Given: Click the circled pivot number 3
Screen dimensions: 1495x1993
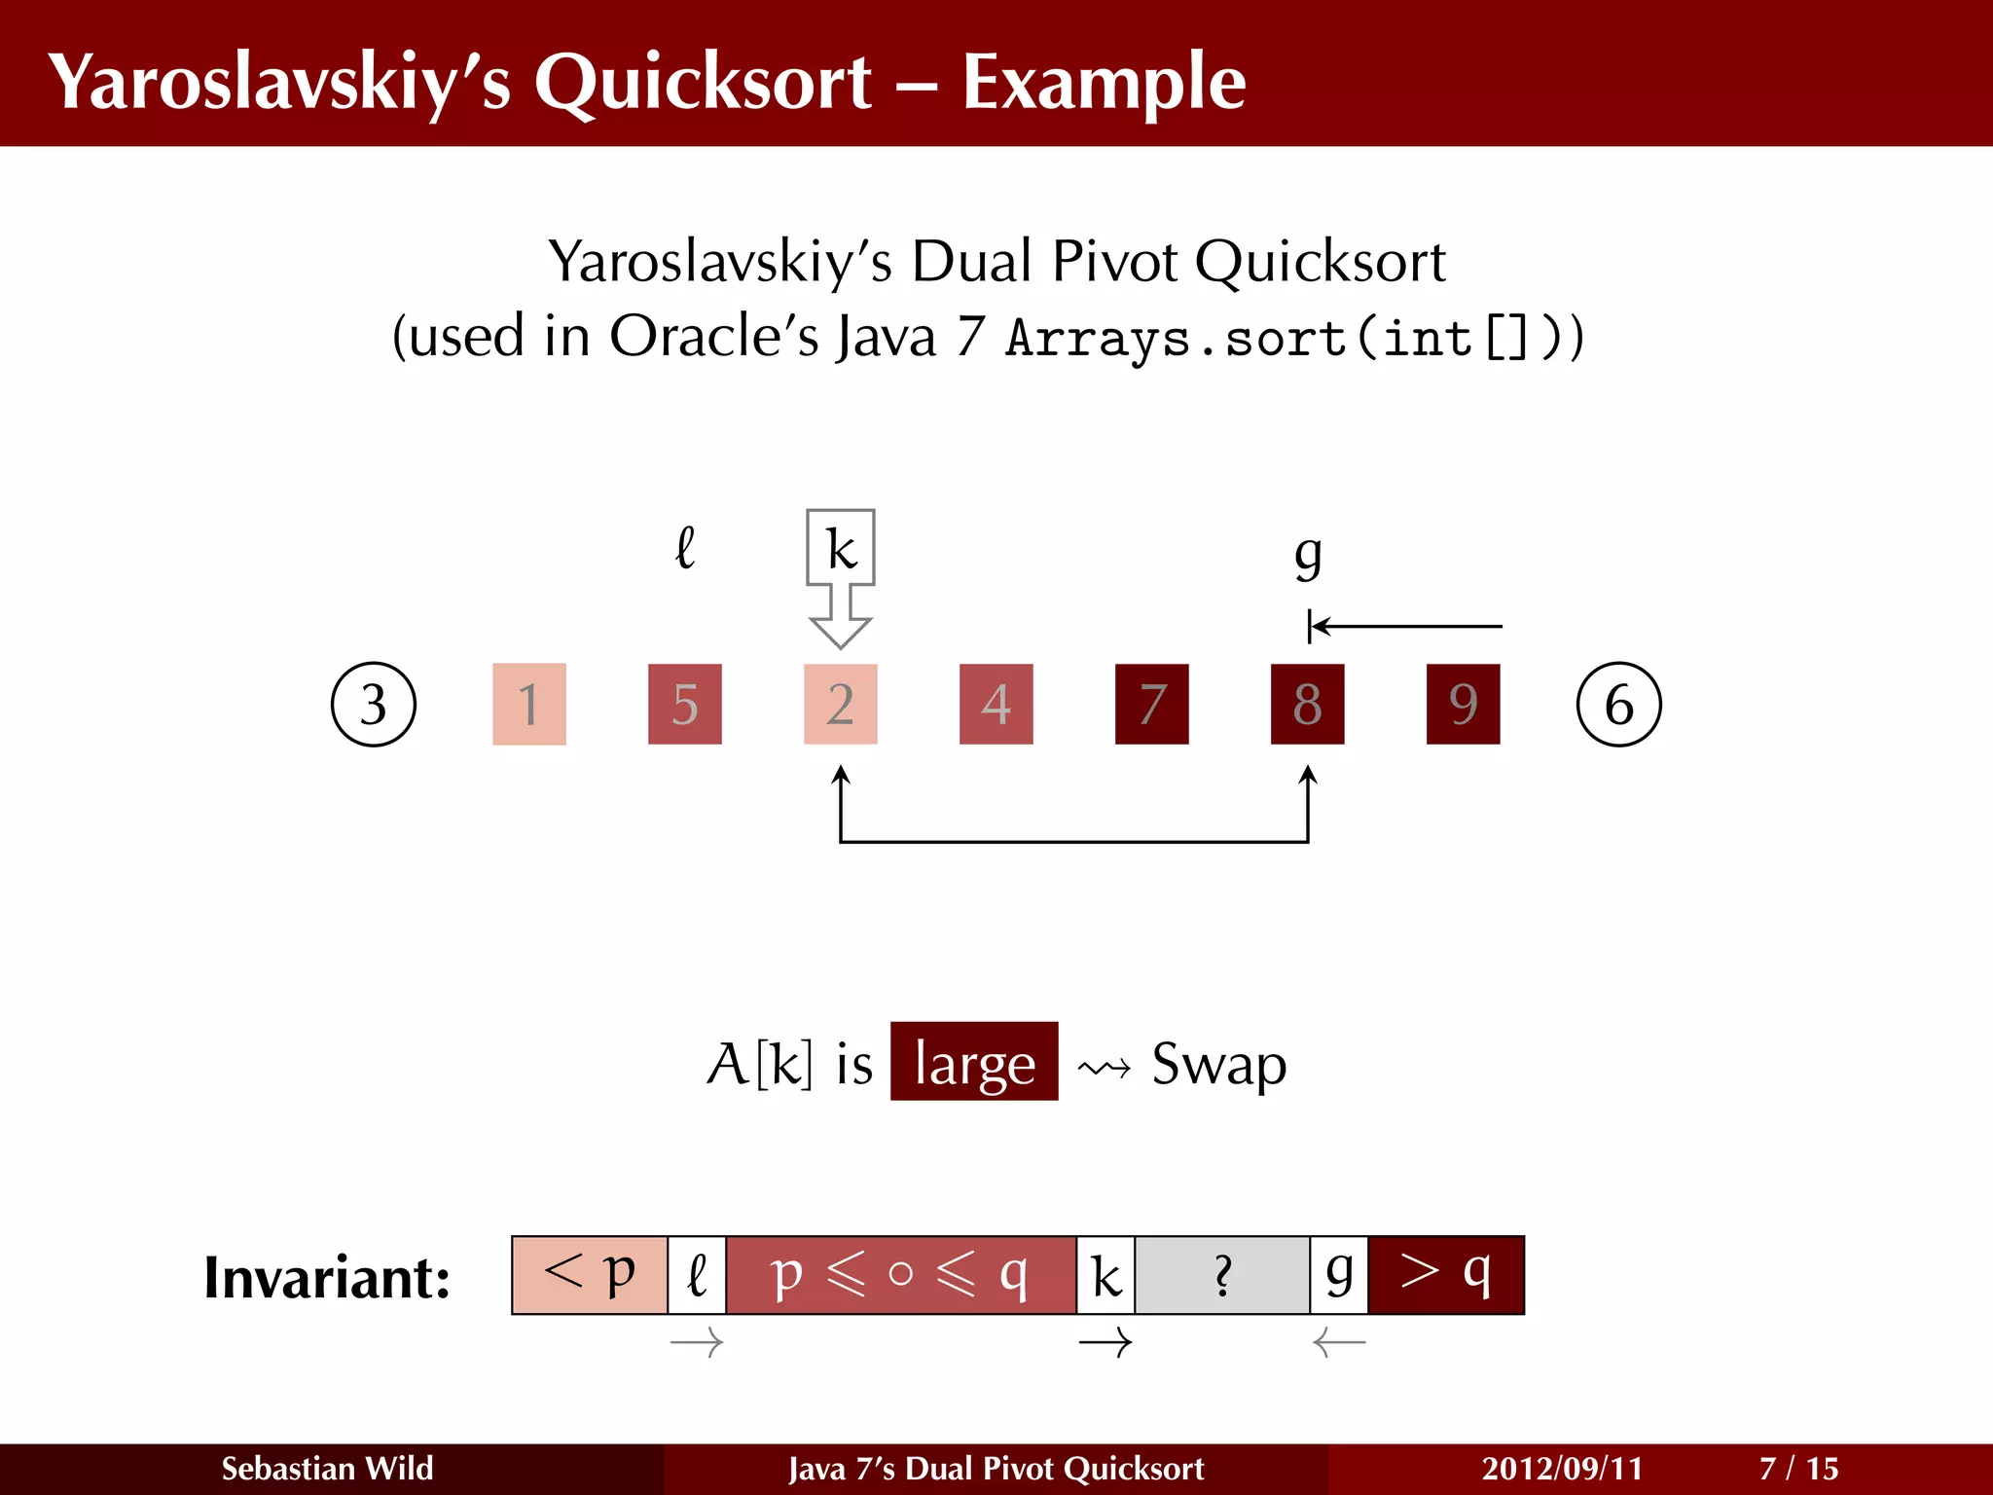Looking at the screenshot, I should point(374,704).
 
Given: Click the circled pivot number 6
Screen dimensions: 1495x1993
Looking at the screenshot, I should point(1618,704).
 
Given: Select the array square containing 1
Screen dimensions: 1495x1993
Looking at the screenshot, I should point(529,704).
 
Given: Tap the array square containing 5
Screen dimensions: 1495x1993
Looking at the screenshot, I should point(685,704).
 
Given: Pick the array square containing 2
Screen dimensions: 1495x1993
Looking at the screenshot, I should point(841,704).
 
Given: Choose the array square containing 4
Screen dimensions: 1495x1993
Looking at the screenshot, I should point(996,704).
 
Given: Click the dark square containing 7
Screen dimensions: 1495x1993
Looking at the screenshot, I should point(1151,704).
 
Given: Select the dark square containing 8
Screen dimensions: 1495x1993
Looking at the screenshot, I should point(1307,704).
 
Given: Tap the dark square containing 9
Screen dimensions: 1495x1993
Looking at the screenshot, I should point(1463,704).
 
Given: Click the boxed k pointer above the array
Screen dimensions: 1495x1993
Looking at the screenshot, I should point(841,548).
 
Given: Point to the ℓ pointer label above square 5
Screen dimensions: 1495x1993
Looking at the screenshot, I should point(685,548).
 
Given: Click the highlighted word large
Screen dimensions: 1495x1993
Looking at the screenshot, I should point(974,1062).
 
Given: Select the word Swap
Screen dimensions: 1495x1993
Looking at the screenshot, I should point(1218,1064).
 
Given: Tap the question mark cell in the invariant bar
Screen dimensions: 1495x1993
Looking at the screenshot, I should point(1222,1275).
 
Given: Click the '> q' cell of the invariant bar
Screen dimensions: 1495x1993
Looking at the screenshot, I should point(1445,1275).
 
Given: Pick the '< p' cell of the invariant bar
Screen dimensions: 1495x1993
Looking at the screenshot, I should point(590,1275).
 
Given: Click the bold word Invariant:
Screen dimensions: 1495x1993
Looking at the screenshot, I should point(327,1277).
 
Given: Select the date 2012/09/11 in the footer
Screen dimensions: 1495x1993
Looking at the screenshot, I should point(1562,1468).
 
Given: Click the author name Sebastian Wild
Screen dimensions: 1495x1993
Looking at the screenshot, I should point(327,1468).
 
